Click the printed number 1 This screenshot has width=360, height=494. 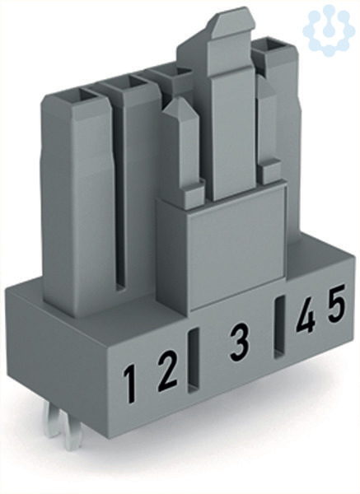point(129,384)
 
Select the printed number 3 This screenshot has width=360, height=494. point(239,342)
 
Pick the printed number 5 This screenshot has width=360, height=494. point(336,303)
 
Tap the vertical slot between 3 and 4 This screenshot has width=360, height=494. point(279,327)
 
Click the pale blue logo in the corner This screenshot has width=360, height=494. point(329,30)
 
